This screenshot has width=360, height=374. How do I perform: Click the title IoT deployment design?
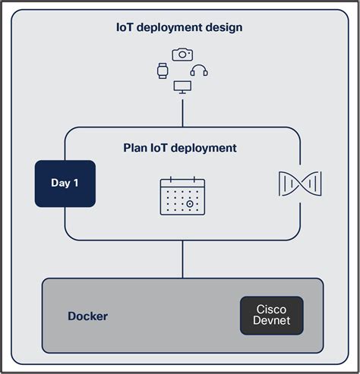[179, 28]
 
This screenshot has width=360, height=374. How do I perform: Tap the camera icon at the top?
[182, 55]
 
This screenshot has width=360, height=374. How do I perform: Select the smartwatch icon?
[162, 71]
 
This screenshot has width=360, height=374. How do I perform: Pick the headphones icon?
[199, 71]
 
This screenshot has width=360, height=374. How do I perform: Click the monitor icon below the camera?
[182, 87]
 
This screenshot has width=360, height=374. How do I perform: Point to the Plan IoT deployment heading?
[180, 148]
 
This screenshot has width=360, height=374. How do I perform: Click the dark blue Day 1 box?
[65, 183]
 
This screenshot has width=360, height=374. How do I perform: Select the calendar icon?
[182, 196]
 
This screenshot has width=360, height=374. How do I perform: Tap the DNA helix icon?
[299, 183]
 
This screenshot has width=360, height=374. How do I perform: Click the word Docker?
[87, 316]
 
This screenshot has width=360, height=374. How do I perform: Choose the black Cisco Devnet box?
[271, 316]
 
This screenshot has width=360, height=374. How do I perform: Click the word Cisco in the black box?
[271, 310]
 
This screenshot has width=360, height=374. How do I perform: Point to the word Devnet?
[271, 322]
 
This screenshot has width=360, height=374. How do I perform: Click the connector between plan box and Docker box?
[182, 259]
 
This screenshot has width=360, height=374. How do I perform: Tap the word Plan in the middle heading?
[136, 148]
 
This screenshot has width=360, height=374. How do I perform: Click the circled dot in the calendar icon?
[191, 205]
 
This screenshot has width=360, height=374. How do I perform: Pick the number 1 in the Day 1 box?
[76, 183]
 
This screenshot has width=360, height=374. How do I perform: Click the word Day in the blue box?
[60, 183]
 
